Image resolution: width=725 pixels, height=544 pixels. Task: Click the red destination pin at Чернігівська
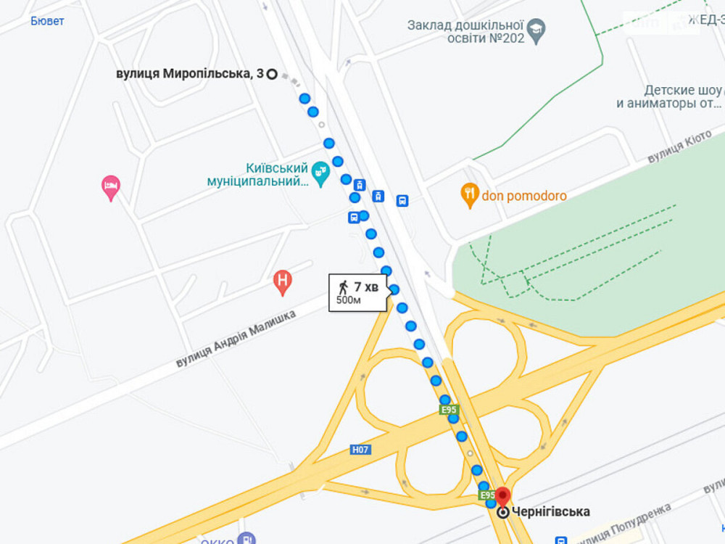(502, 497)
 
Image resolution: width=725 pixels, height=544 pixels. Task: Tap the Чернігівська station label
(550, 512)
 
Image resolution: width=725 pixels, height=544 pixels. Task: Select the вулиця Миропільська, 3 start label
(189, 73)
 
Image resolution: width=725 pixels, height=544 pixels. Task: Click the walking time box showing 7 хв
(358, 292)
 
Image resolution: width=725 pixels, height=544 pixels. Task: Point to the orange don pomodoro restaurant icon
(471, 194)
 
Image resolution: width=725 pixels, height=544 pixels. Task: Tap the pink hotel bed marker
(110, 187)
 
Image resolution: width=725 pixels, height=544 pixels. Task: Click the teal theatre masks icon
(320, 173)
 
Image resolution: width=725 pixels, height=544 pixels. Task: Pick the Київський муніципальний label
(257, 174)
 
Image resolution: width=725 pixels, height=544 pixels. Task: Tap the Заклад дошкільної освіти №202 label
(465, 31)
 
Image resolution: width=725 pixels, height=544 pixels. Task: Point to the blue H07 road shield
(360, 450)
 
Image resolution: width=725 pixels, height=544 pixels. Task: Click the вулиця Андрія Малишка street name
(236, 339)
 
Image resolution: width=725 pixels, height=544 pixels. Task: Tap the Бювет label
(47, 21)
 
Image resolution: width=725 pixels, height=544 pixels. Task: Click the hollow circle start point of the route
(272, 73)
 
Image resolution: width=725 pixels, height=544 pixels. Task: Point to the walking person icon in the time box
(344, 286)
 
